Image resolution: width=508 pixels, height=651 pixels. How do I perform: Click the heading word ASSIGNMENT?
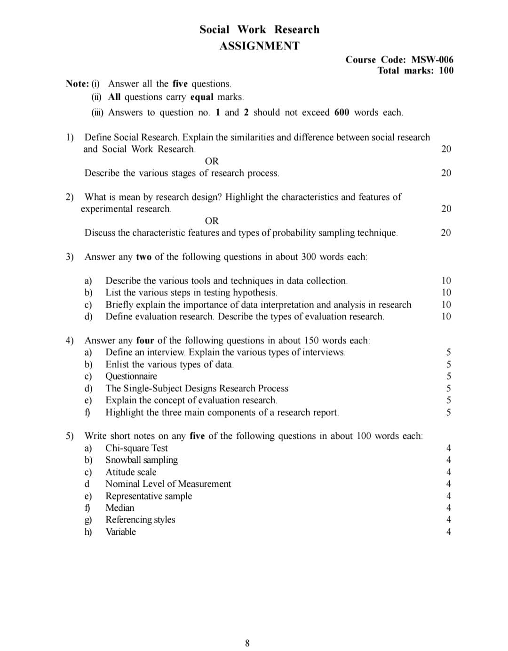(259, 46)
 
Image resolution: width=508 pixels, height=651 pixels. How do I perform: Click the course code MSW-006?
(432, 60)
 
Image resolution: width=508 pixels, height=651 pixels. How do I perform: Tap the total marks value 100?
(446, 71)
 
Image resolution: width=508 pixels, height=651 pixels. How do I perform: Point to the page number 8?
(247, 643)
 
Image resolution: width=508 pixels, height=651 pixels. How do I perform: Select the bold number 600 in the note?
(342, 112)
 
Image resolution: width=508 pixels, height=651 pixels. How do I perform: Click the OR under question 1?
(212, 161)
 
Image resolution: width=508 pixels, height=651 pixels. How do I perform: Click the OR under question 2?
(212, 221)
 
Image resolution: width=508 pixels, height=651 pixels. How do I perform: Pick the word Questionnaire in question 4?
(131, 376)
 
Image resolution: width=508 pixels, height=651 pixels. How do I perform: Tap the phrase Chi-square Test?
(136, 448)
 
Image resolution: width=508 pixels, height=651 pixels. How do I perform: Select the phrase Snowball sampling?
(142, 460)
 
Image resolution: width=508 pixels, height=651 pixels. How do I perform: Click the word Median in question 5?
(120, 508)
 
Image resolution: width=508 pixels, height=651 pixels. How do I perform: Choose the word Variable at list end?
(121, 532)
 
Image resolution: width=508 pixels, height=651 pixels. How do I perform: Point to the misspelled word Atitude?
(119, 472)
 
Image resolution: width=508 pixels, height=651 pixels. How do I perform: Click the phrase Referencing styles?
(140, 520)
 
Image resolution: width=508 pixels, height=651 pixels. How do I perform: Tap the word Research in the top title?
(297, 30)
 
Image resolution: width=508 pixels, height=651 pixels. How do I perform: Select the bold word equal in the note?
(202, 97)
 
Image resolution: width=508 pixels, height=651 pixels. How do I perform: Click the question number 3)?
(70, 257)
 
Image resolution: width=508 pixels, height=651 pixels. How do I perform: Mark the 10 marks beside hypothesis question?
(446, 293)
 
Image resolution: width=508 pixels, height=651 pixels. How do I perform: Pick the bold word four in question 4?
(145, 341)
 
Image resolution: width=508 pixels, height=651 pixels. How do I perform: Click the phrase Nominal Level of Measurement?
(168, 484)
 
